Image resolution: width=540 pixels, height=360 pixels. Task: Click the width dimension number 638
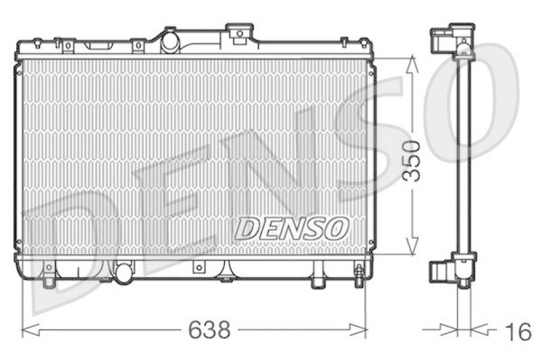tap(209, 330)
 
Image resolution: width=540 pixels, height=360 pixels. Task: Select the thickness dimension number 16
tap(518, 331)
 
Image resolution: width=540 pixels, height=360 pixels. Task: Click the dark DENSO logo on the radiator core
tap(292, 228)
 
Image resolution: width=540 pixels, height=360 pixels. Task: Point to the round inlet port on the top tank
tap(170, 43)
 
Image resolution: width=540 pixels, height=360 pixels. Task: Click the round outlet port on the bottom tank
tap(124, 273)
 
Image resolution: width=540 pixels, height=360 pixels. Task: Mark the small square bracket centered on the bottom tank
tap(198, 267)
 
